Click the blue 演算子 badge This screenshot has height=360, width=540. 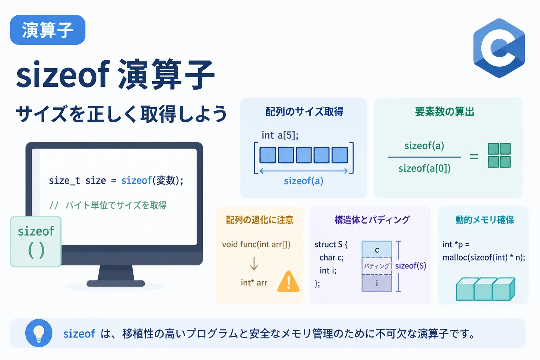pyautogui.click(x=47, y=30)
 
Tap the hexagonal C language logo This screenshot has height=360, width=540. pyautogui.click(x=499, y=48)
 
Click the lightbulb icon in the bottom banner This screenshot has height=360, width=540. pyautogui.click(x=39, y=333)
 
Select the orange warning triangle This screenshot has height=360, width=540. pyautogui.click(x=288, y=281)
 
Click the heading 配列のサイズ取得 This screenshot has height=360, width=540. pyautogui.click(x=304, y=112)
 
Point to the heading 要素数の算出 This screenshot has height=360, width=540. pyautogui.click(x=444, y=112)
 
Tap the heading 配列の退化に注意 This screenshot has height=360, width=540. pyautogui.click(x=260, y=220)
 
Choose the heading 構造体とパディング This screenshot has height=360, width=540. pyautogui.click(x=372, y=220)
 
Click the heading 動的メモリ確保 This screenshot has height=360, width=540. pyautogui.click(x=484, y=220)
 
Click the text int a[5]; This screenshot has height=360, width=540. pyautogui.click(x=280, y=135)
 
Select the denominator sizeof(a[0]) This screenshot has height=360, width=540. pyautogui.click(x=425, y=168)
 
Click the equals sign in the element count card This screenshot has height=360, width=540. pyautogui.click(x=474, y=157)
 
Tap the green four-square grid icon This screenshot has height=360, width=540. pyautogui.click(x=499, y=155)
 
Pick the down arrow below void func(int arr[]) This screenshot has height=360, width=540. pyautogui.click(x=254, y=264)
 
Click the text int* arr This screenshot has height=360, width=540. pyautogui.click(x=254, y=282)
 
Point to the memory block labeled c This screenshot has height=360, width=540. pyautogui.click(x=377, y=250)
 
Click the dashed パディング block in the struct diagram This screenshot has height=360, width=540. pyautogui.click(x=377, y=266)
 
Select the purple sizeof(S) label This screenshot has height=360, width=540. pyautogui.click(x=411, y=266)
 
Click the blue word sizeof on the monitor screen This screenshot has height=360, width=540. pyautogui.click(x=136, y=180)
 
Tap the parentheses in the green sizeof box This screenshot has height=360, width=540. pyautogui.click(x=37, y=250)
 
